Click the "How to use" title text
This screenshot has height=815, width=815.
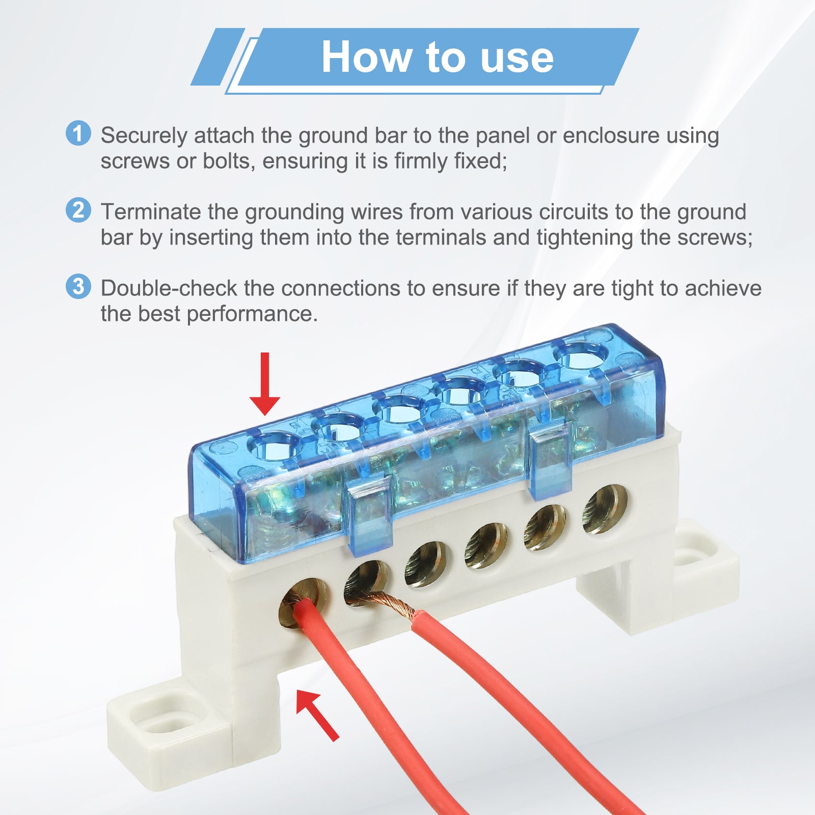(437, 57)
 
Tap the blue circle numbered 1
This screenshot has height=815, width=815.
(78, 133)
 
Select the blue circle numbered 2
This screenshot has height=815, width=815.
(78, 210)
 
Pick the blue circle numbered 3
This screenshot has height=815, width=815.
(78, 286)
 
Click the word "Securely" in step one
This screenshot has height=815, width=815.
(144, 137)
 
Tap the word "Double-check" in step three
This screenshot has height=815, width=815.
(169, 289)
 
